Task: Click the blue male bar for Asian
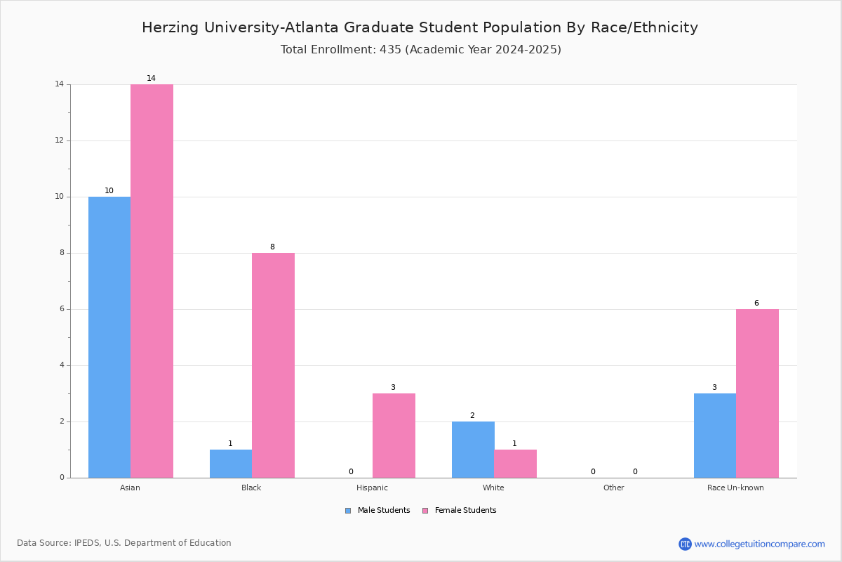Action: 109,337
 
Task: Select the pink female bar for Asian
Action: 152,281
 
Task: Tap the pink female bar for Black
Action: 273,365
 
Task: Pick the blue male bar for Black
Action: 231,464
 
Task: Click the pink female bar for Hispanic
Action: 394,436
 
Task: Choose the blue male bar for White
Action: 473,450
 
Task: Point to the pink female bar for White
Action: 515,464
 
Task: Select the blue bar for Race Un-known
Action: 715,436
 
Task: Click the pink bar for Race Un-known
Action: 757,393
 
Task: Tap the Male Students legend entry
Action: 377,511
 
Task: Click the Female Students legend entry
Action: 460,511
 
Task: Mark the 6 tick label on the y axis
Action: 62,309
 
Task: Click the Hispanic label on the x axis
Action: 372,488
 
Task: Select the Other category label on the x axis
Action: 613,488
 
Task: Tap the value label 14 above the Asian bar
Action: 151,78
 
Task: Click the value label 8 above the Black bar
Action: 272,247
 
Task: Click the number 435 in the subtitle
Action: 390,50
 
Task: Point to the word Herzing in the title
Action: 170,28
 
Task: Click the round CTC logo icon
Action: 685,544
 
